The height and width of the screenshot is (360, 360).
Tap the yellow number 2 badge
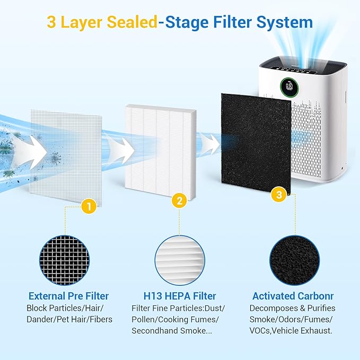coord(180,201)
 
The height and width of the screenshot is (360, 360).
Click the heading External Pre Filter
coord(69,296)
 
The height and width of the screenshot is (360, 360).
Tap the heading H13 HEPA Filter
coord(180,296)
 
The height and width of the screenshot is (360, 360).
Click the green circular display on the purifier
coord(288,85)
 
